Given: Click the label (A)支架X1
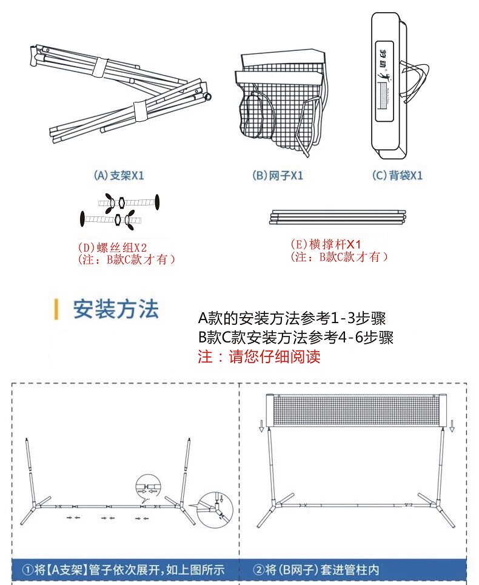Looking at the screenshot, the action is (119, 176).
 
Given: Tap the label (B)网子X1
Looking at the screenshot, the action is (277, 176).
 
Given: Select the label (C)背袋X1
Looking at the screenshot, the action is (397, 176).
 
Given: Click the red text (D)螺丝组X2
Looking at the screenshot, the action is (113, 247).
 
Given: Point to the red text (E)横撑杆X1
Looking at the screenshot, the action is (326, 244).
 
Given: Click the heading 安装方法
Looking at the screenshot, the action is (116, 309).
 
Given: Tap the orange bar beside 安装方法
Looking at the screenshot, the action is (56, 309).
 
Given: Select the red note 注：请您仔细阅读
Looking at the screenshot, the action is (259, 356).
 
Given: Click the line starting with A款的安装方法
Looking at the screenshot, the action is (292, 318).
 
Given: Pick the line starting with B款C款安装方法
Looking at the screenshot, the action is (295, 338).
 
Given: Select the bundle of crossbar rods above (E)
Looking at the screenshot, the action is (337, 217).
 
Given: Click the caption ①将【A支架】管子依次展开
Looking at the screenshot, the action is (124, 570).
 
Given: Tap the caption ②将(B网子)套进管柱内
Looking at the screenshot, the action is (316, 570).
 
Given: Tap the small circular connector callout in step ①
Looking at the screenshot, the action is (149, 486).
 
